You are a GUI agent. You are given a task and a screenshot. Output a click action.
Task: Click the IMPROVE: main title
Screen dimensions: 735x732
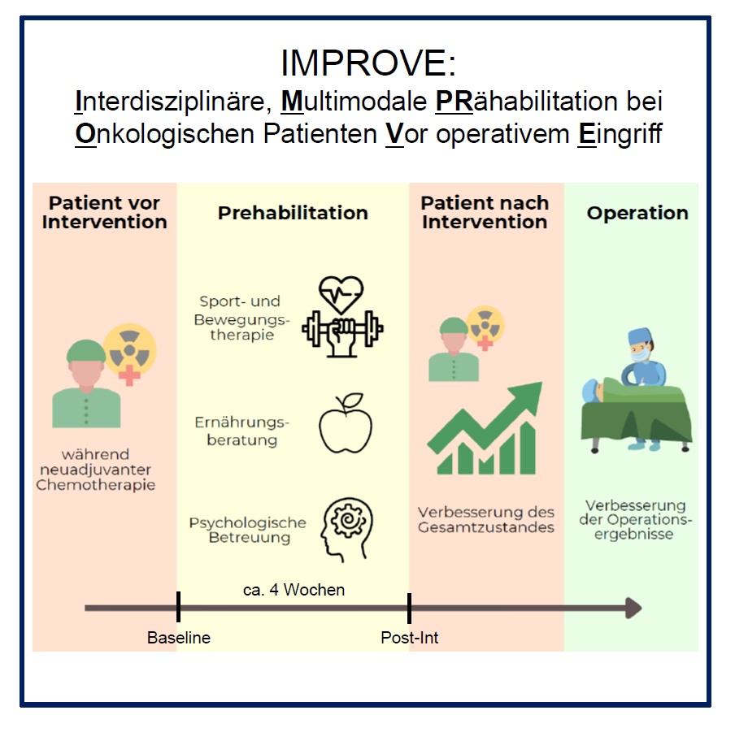click(368, 63)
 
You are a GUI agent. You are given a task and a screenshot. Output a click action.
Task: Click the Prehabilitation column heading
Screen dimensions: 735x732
click(293, 213)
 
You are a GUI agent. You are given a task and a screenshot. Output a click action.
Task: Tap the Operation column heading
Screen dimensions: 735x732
click(637, 213)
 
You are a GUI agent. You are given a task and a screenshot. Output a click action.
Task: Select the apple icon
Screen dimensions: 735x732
click(346, 423)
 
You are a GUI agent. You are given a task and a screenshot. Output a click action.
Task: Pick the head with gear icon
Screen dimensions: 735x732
click(347, 529)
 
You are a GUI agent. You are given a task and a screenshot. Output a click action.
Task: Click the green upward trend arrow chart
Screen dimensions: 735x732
click(485, 428)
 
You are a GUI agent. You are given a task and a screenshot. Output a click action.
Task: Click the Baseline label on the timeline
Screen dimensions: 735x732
click(179, 638)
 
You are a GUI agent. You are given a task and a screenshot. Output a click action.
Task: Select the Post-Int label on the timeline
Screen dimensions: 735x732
click(409, 638)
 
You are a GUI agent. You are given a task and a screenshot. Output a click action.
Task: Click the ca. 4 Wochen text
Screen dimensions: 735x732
click(294, 590)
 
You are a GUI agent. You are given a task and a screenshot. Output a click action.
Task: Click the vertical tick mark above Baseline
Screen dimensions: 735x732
click(179, 607)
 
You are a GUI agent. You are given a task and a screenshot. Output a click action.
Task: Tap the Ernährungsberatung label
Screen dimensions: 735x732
click(241, 431)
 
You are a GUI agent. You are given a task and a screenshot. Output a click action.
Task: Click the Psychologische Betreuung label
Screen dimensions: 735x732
click(248, 530)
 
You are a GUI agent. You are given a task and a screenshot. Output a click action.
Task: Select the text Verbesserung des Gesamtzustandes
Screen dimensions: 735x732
click(486, 519)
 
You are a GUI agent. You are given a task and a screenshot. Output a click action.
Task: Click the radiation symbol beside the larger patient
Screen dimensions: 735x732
click(130, 350)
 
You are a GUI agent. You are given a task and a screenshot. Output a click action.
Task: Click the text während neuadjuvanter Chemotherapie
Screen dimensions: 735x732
click(96, 470)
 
